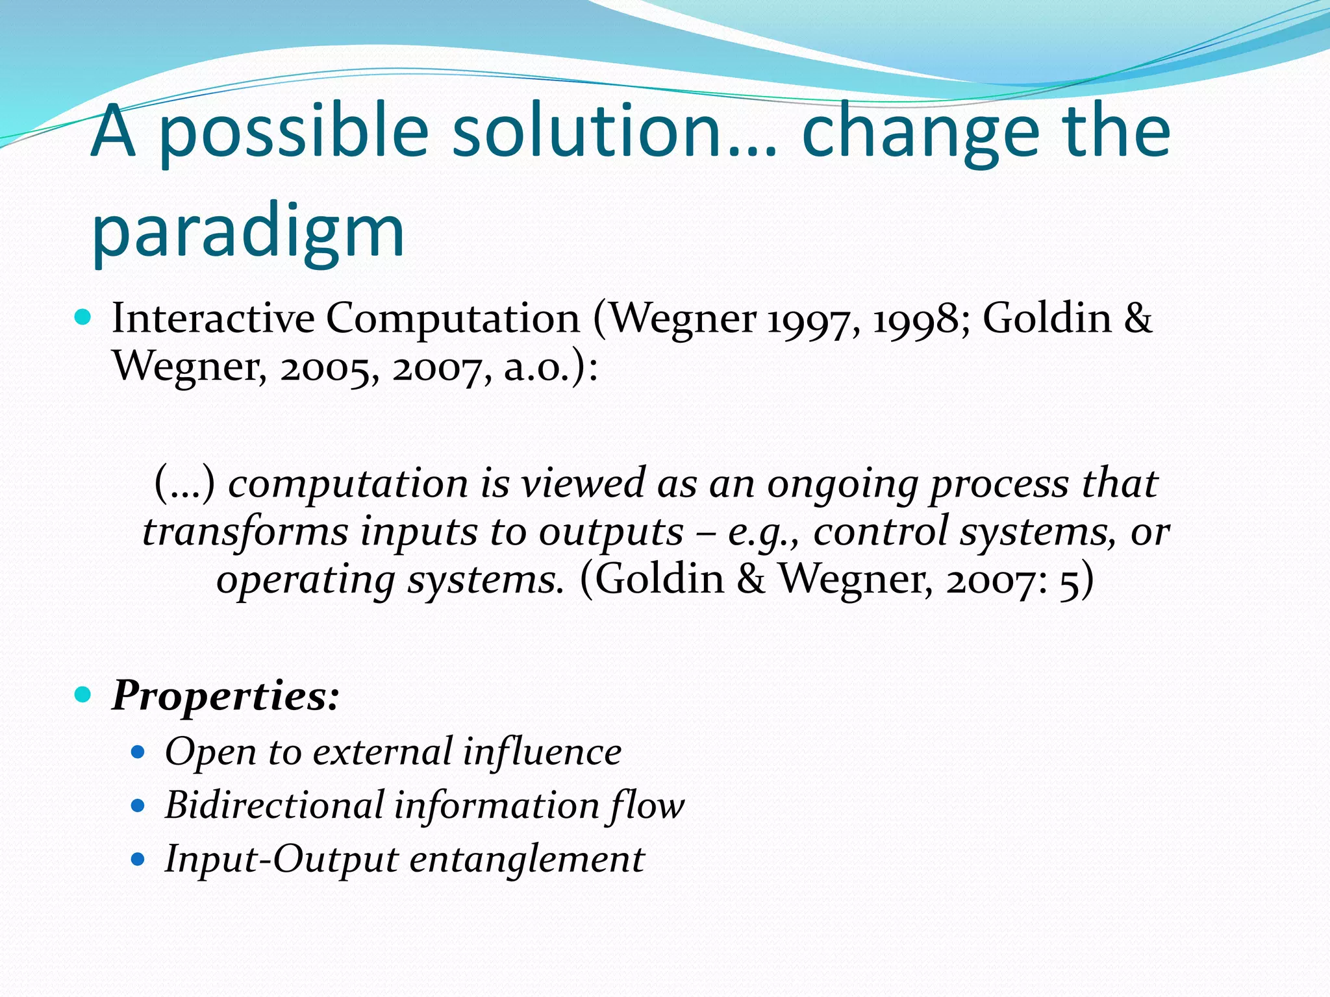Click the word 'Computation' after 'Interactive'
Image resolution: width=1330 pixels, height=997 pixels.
(x=452, y=320)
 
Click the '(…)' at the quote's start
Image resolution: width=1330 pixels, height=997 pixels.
(x=184, y=484)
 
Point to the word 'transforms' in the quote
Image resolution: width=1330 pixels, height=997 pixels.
(x=245, y=532)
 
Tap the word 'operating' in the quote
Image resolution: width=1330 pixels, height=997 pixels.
(x=305, y=580)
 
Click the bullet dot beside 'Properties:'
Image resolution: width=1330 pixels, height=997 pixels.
(x=82, y=695)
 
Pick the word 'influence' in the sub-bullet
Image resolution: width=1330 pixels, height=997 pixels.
(x=542, y=752)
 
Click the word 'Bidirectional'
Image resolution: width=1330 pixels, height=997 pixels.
(x=275, y=806)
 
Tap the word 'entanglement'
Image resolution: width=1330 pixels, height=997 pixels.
(x=527, y=859)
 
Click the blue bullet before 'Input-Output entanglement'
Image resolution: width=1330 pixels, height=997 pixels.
(x=138, y=860)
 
